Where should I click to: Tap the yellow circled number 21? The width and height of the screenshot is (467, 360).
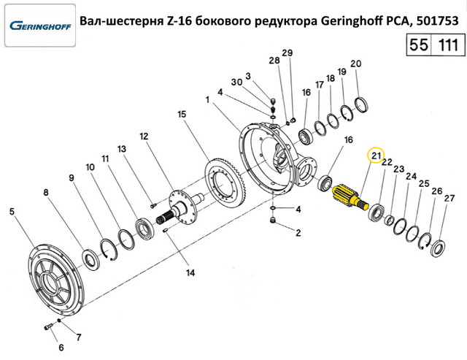click(x=376, y=156)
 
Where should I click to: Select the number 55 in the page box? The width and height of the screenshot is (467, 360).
click(x=419, y=45)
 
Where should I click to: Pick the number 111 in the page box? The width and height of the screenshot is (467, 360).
click(x=446, y=45)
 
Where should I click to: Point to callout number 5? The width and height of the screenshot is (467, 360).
click(x=12, y=212)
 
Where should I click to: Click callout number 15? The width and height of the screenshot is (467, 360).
click(x=182, y=115)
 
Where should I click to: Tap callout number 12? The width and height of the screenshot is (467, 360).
click(x=144, y=136)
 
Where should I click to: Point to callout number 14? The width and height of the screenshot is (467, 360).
click(x=190, y=274)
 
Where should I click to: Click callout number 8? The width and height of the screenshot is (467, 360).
click(x=46, y=193)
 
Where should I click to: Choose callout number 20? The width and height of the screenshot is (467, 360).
click(x=356, y=64)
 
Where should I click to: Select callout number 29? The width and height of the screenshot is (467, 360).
click(x=287, y=53)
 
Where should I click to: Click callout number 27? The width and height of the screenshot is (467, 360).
click(x=449, y=198)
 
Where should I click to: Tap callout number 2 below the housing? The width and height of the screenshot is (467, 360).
click(x=298, y=234)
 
